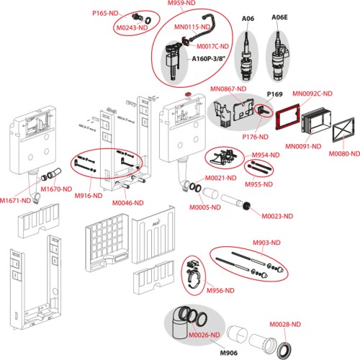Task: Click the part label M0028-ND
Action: pyautogui.click(x=285, y=325)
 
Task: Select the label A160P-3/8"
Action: pyautogui.click(x=209, y=59)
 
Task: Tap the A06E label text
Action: pyautogui.click(x=279, y=17)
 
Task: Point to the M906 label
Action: pyautogui.click(x=229, y=353)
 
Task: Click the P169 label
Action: pyautogui.click(x=275, y=94)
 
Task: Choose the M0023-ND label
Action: pyautogui.click(x=277, y=216)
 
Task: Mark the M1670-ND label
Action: pyautogui.click(x=56, y=189)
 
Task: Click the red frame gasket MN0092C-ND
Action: pyautogui.click(x=287, y=117)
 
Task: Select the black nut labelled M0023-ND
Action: pyautogui.click(x=246, y=206)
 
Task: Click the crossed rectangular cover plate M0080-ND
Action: pyautogui.click(x=343, y=130)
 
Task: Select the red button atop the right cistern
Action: pyautogui.click(x=188, y=94)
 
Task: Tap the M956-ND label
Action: pyautogui.click(x=220, y=291)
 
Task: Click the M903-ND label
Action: pyautogui.click(x=266, y=243)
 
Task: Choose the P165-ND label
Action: pyautogui.click(x=105, y=13)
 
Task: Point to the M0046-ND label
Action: pyautogui.click(x=128, y=203)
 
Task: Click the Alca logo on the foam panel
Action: pyautogui.click(x=156, y=225)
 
